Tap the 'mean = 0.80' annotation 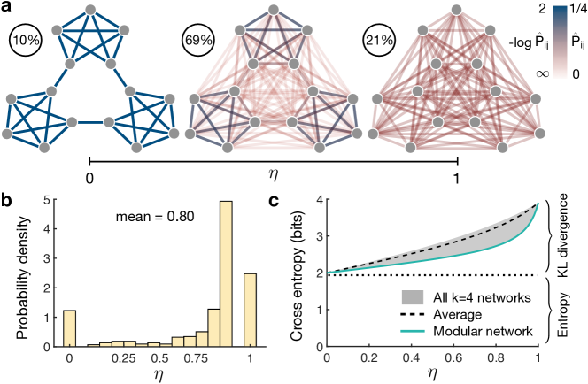coord(148,215)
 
